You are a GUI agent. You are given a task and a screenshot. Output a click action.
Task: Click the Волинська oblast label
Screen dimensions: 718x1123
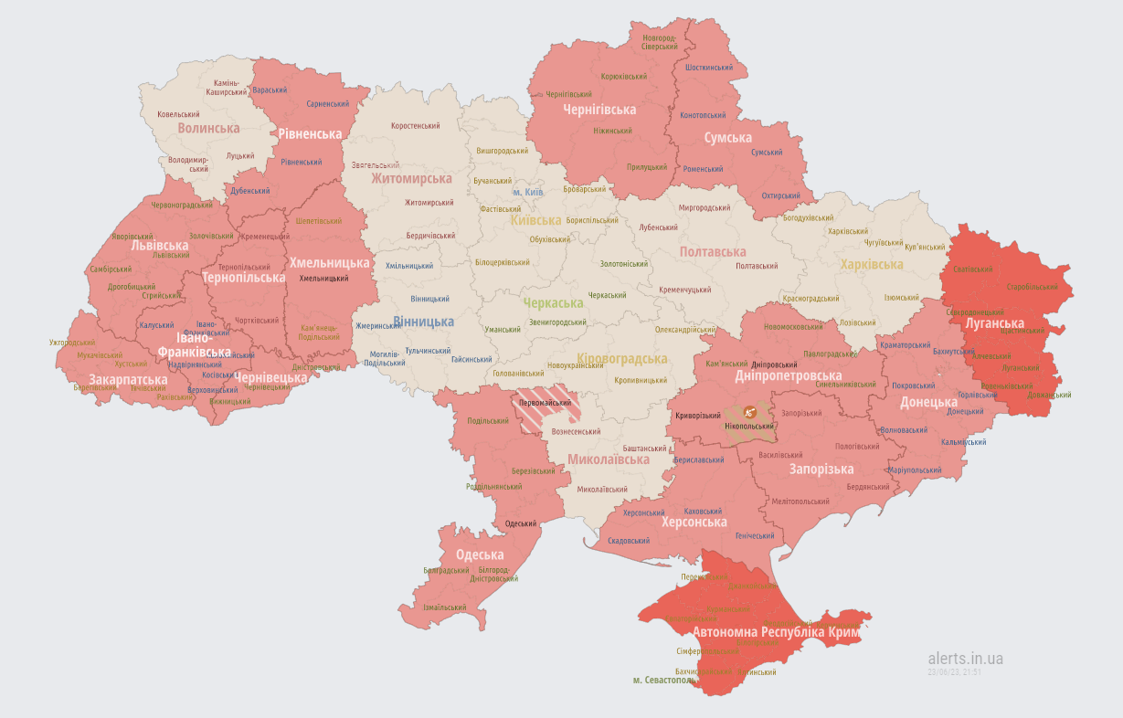pyautogui.click(x=208, y=129)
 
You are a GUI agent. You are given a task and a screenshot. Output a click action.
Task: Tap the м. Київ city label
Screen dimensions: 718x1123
pyautogui.click(x=528, y=193)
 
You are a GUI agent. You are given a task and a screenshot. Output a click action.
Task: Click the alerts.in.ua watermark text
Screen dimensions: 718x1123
pyautogui.click(x=965, y=658)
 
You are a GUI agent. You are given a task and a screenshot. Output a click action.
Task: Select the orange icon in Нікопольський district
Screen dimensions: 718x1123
pyautogui.click(x=749, y=412)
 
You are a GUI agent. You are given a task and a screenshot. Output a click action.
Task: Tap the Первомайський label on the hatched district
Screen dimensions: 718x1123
pyautogui.click(x=545, y=403)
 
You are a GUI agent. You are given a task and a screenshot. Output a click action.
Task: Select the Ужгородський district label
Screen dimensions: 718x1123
pyautogui.click(x=72, y=343)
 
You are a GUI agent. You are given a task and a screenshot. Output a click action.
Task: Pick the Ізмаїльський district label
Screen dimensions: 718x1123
pyautogui.click(x=444, y=607)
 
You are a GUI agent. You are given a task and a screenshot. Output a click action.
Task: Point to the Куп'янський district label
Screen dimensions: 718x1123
pyautogui.click(x=925, y=247)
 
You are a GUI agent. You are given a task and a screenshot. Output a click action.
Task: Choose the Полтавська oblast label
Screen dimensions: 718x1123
pyautogui.click(x=713, y=251)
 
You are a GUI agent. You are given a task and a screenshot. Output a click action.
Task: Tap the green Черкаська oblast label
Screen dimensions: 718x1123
pyautogui.click(x=553, y=303)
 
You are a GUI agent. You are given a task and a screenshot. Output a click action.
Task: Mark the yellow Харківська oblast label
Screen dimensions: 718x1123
pyautogui.click(x=872, y=265)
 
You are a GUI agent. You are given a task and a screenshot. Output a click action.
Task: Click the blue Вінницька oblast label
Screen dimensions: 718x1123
pyautogui.click(x=423, y=322)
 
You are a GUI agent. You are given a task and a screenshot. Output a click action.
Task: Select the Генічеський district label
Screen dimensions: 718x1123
pyautogui.click(x=729, y=535)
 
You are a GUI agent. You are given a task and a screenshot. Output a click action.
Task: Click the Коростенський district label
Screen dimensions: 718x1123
pyautogui.click(x=415, y=126)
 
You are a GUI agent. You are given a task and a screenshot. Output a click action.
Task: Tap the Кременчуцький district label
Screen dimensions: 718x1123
pyautogui.click(x=685, y=290)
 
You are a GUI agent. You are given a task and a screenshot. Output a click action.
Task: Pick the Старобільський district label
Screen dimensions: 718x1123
pyautogui.click(x=1031, y=287)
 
